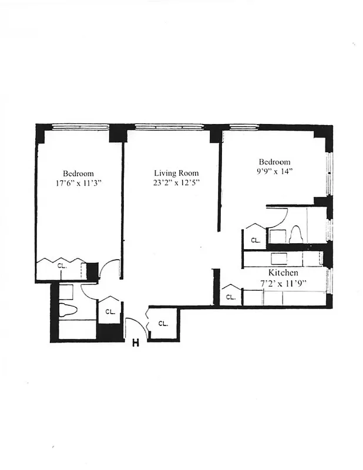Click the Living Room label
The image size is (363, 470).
tap(176, 173)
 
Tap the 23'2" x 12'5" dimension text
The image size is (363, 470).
tap(176, 183)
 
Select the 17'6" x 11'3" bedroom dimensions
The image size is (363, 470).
tap(78, 183)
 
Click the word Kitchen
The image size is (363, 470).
tap(283, 273)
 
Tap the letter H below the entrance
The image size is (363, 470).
tap(135, 343)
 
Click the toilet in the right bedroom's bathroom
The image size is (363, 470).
tap(297, 234)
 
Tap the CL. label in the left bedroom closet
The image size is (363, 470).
tap(62, 266)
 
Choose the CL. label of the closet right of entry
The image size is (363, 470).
tap(163, 323)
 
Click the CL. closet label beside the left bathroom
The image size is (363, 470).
tap(110, 312)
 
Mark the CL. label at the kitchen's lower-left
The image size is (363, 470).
tap(231, 297)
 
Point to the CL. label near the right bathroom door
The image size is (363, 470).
tap(256, 240)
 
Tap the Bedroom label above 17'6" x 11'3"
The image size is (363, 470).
tap(78, 173)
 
